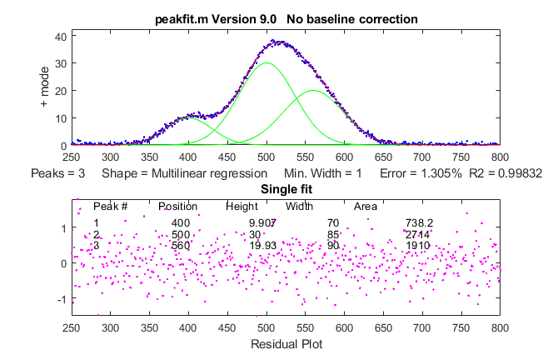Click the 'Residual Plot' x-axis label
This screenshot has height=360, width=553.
point(286,342)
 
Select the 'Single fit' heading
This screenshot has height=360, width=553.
point(286,190)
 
